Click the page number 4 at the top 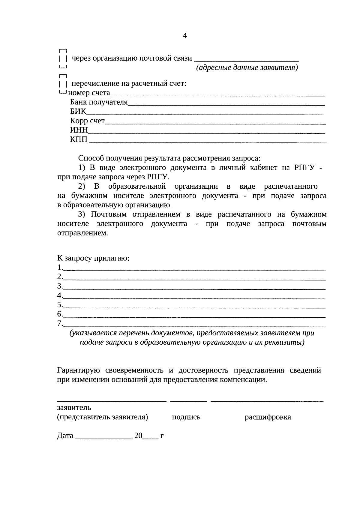pyautogui.click(x=185, y=36)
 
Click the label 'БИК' pyautogui.click(x=78, y=112)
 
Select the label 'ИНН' pyautogui.click(x=79, y=130)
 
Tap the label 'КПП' pyautogui.click(x=79, y=139)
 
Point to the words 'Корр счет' pyautogui.click(x=87, y=121)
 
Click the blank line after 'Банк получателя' pyautogui.click(x=226, y=104)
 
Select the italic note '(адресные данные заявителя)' pyautogui.click(x=247, y=68)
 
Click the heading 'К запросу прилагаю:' pyautogui.click(x=93, y=258)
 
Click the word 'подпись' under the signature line pyautogui.click(x=186, y=417)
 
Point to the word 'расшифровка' pyautogui.click(x=268, y=417)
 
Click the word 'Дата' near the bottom pyautogui.click(x=65, y=436)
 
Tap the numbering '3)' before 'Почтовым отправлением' pyautogui.click(x=82, y=214)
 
